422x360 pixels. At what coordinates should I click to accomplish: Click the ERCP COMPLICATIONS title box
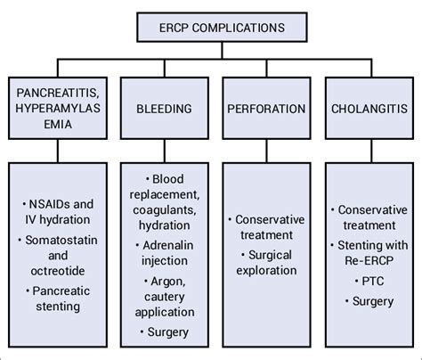pos(211,27)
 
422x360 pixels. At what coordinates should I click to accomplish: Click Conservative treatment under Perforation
pos(268,228)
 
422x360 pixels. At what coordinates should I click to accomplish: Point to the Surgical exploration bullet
pos(267,264)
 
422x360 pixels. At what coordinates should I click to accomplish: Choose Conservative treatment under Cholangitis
pos(369,219)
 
